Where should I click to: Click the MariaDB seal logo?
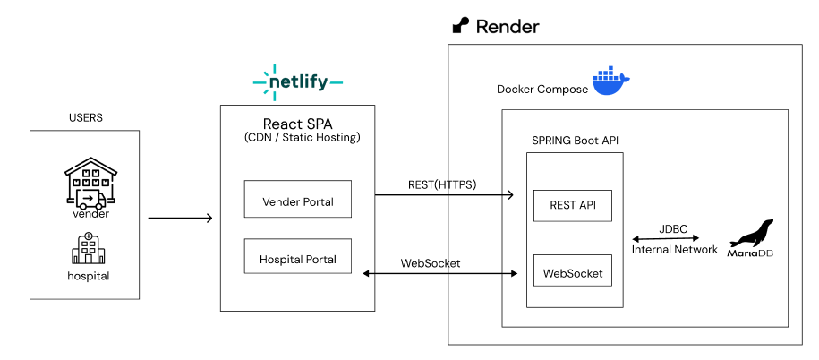(752, 238)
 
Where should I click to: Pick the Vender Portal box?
(297, 201)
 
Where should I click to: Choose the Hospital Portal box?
(297, 260)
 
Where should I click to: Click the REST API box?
(572, 206)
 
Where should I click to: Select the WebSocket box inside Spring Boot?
(572, 271)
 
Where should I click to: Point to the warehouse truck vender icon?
(91, 185)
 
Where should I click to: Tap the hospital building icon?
(87, 248)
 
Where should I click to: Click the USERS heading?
(86, 117)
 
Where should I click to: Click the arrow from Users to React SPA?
(180, 218)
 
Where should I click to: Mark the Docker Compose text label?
(542, 89)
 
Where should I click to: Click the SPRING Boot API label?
(574, 141)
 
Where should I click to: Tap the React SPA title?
(297, 124)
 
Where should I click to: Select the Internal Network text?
(674, 250)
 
